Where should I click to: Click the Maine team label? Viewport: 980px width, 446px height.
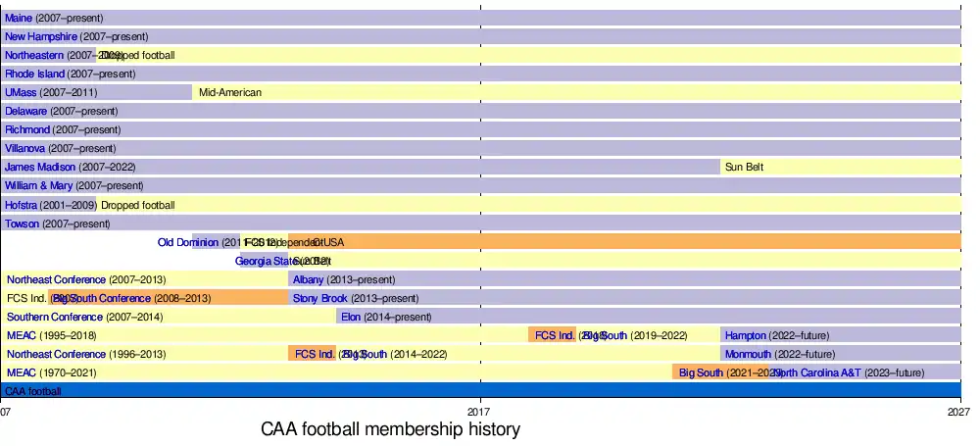click(19, 18)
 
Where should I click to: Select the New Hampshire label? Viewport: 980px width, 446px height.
click(41, 36)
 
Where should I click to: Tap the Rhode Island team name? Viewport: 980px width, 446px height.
click(34, 74)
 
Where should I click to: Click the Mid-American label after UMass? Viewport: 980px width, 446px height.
click(230, 92)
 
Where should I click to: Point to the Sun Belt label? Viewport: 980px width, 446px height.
click(744, 167)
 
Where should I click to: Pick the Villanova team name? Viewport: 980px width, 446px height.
click(25, 148)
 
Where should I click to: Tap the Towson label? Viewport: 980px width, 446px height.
click(23, 223)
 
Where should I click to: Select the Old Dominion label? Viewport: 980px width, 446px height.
click(188, 242)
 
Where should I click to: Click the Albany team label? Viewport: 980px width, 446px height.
click(308, 279)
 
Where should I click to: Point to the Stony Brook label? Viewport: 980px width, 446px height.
click(319, 298)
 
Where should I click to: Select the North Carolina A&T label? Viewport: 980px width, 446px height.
click(817, 372)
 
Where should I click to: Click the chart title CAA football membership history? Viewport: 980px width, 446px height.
click(390, 429)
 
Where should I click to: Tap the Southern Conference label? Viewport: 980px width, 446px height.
click(55, 317)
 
